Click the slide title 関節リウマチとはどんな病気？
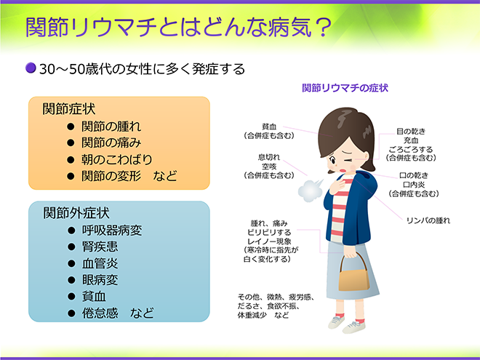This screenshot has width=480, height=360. (x=179, y=27)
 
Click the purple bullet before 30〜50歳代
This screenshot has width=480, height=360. (x=31, y=68)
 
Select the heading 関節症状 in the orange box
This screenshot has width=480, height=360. (x=69, y=109)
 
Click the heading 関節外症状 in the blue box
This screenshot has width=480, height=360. (x=76, y=213)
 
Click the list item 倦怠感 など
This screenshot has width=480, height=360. (x=116, y=313)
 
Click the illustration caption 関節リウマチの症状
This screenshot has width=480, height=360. (x=345, y=88)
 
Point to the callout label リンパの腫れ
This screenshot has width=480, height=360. (x=429, y=220)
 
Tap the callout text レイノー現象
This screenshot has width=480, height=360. (x=269, y=241)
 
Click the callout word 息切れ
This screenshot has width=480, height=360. (x=269, y=156)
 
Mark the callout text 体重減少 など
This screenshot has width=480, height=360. (x=264, y=316)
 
